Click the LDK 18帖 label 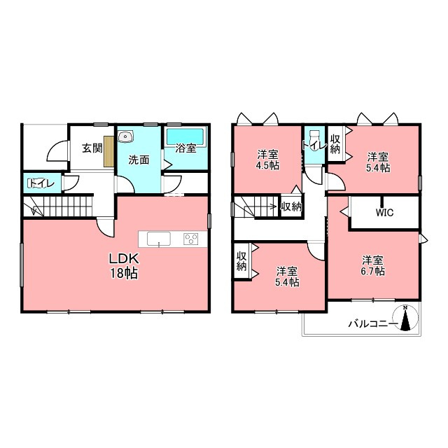124,266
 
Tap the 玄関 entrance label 92,148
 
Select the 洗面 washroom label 139,160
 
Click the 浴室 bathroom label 185,148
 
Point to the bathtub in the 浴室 185,137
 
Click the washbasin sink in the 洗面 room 125,136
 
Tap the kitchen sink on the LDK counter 159,239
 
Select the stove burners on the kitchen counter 191,239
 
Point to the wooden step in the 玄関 109,150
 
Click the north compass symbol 405,318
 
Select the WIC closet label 384,213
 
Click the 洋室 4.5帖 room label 267,160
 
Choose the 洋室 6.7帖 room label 373,266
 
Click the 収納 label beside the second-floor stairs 291,206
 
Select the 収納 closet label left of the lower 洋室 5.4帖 241,261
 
